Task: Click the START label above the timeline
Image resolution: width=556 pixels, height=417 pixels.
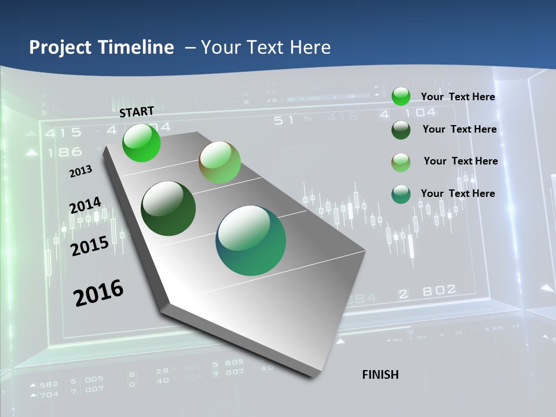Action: point(137,111)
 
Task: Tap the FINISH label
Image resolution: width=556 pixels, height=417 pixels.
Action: point(381,375)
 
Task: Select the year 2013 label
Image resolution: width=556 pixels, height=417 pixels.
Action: point(81,171)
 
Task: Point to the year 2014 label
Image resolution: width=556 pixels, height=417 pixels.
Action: point(85,206)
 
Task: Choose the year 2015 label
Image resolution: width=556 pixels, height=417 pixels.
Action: point(90,246)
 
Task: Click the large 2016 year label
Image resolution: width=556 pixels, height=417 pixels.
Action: point(98,292)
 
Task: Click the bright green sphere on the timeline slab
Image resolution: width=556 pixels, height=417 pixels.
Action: point(141,143)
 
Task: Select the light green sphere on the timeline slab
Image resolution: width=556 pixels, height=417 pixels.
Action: point(220,162)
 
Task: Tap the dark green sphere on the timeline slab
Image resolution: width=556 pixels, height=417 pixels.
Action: point(169,209)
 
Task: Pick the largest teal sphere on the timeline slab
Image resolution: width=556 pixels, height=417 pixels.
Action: point(251,240)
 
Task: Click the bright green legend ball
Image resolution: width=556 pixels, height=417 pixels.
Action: point(401,96)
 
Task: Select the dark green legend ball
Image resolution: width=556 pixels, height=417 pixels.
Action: point(401,129)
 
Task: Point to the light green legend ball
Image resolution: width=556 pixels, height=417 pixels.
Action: point(401,162)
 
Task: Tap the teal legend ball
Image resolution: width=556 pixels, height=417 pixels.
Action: point(401,194)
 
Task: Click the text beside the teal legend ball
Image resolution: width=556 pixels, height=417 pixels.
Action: point(458,193)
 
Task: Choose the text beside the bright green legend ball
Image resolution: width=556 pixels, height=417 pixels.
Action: point(458,97)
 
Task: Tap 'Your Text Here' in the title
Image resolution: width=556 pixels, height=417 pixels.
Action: point(266,47)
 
